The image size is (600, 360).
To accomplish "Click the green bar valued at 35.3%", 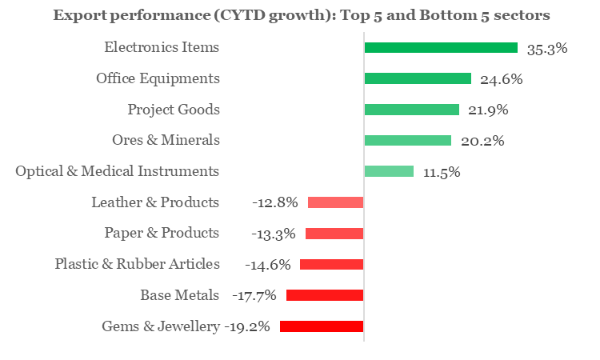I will tap(441, 48).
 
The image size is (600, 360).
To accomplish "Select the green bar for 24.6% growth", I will tap(418, 78).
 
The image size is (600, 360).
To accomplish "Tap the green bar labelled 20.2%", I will tap(407, 140).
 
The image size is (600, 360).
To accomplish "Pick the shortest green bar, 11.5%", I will tap(389, 171).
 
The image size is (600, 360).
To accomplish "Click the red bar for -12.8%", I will tap(335, 202).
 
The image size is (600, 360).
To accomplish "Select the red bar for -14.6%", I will tap(331, 264).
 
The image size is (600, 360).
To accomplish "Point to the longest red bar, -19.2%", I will tap(321, 326).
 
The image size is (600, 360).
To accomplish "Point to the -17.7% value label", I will tap(255, 295).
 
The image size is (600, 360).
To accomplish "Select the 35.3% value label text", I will tap(547, 48).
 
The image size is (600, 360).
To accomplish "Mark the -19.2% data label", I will tap(247, 326).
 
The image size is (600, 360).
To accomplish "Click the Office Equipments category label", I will tap(158, 78).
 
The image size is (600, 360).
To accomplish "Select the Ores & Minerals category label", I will tap(166, 140).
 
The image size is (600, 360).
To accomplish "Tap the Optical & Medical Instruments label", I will tap(118, 171).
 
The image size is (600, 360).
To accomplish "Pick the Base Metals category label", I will tap(179, 295).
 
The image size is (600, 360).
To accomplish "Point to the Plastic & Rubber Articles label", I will tap(137, 264).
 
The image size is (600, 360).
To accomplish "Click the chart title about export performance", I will tap(301, 15).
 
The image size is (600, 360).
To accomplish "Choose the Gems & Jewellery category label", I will tap(160, 326).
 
